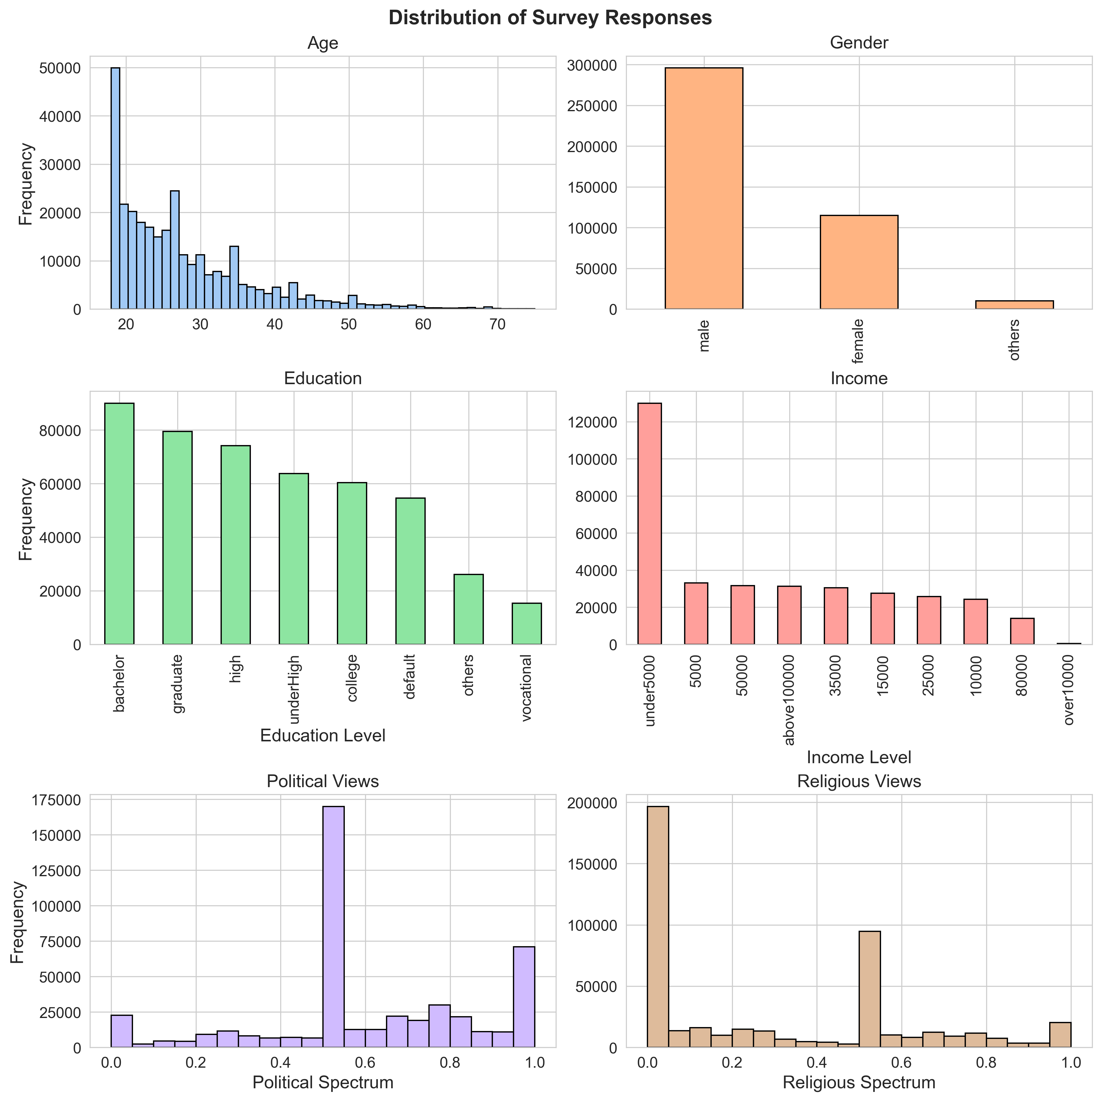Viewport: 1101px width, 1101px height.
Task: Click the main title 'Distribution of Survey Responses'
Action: point(550,18)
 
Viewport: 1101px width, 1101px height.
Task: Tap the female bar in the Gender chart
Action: point(859,262)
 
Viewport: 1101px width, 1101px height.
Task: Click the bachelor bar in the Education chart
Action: point(119,524)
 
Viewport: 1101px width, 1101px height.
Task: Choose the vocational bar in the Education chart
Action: point(527,624)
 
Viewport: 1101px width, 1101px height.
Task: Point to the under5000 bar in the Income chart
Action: point(650,524)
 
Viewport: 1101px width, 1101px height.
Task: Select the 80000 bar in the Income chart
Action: point(1022,631)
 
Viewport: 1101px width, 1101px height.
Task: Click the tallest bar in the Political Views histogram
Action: point(333,927)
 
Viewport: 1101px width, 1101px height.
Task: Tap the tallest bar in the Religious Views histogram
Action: point(658,927)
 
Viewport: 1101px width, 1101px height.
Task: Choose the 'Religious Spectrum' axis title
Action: point(859,1082)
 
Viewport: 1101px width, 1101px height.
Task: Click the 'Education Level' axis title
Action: point(323,735)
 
